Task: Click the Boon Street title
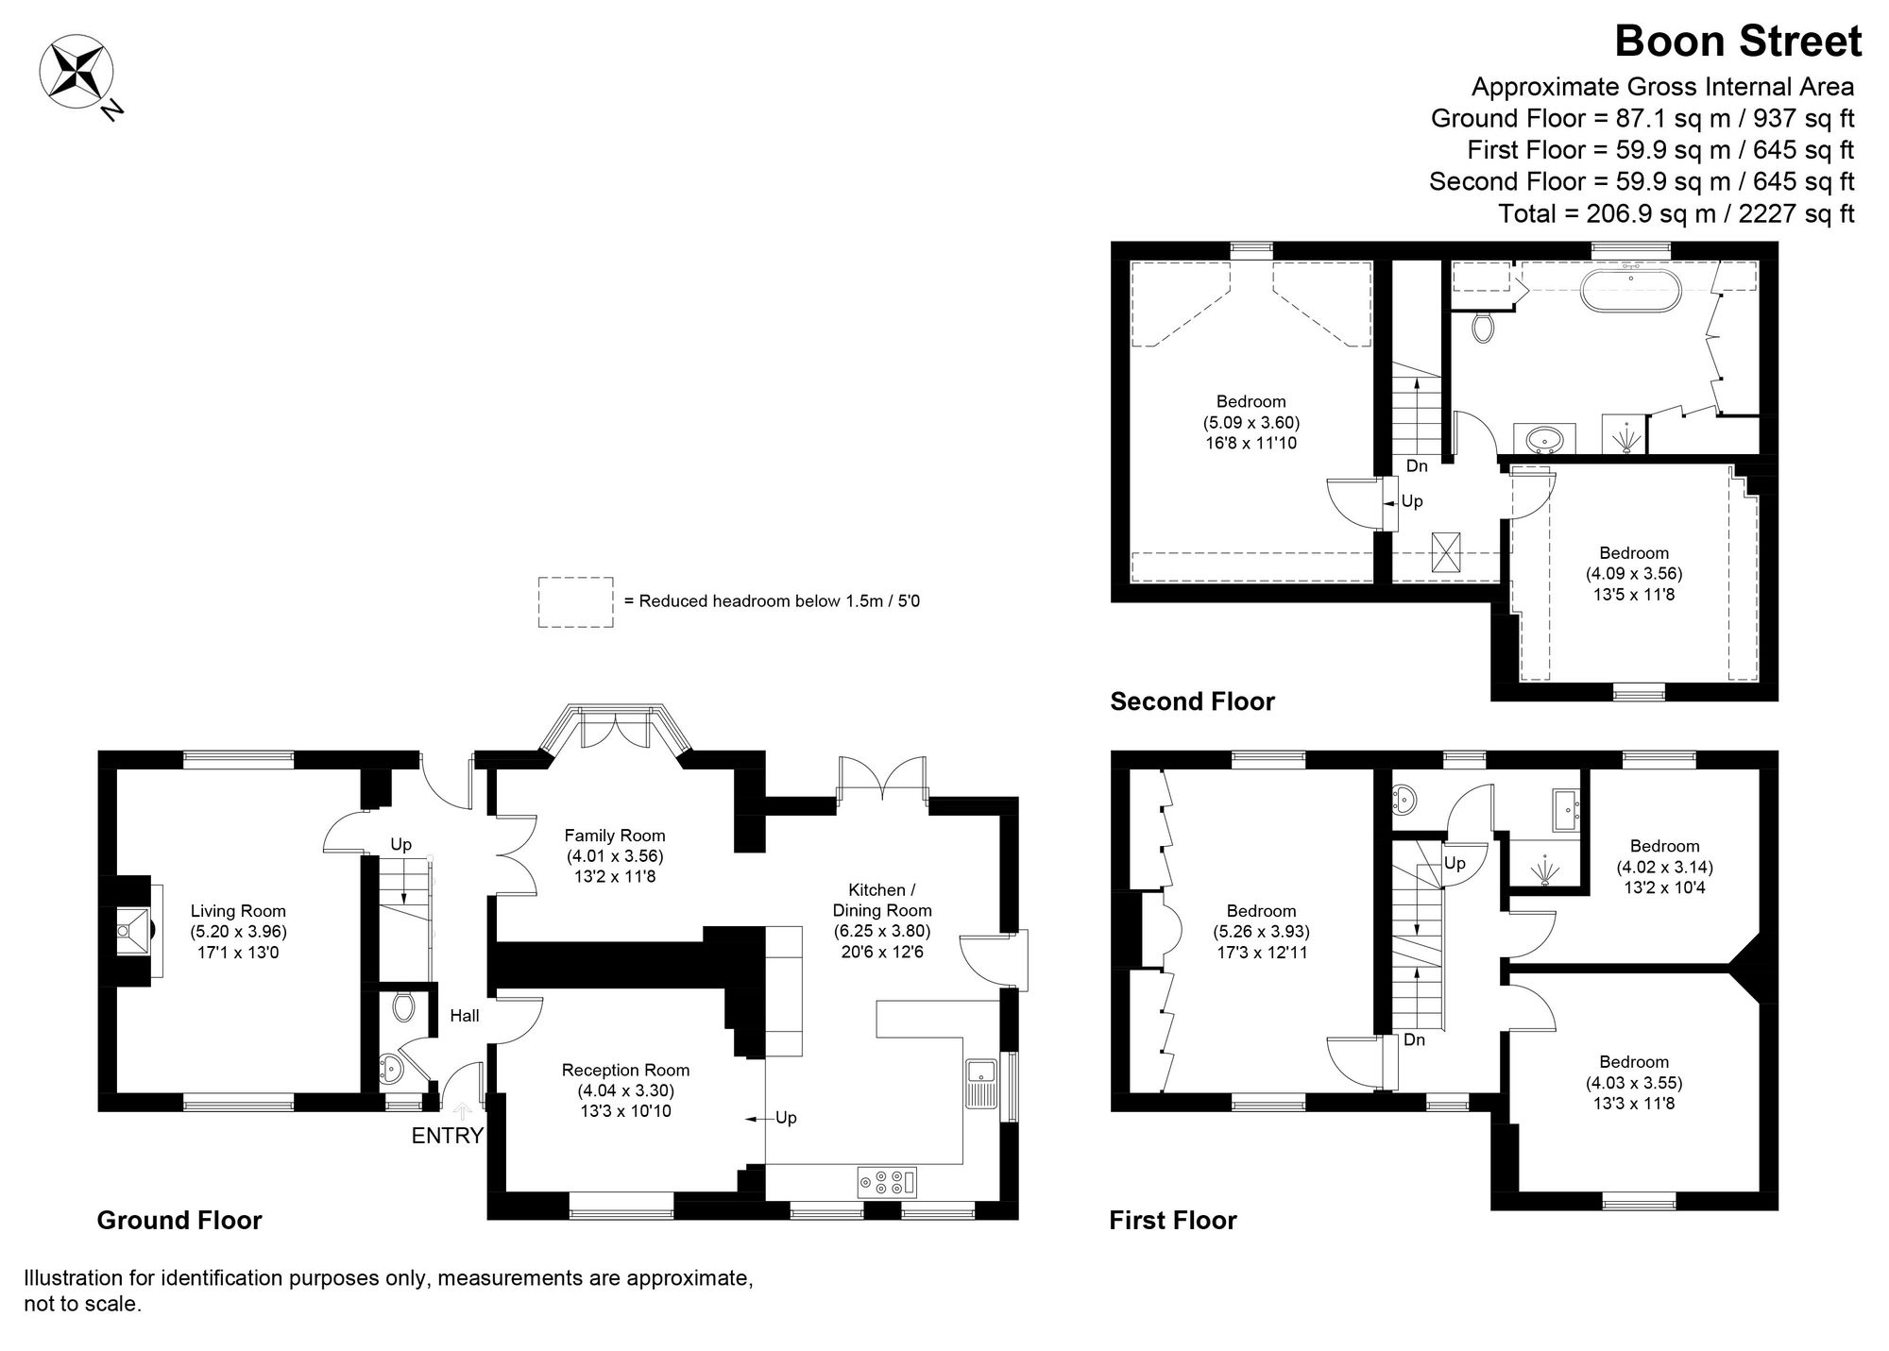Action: pyautogui.click(x=1737, y=42)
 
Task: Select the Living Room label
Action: pyautogui.click(x=238, y=911)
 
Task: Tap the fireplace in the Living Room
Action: pyautogui.click(x=131, y=931)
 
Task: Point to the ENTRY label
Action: pyautogui.click(x=447, y=1136)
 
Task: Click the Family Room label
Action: pyautogui.click(x=615, y=836)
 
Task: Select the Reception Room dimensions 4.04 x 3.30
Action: pyautogui.click(x=625, y=1090)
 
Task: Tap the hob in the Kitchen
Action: pyautogui.click(x=887, y=1182)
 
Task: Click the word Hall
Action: pyautogui.click(x=464, y=1016)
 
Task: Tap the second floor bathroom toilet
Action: pyautogui.click(x=1484, y=327)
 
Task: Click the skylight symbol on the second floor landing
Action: pyautogui.click(x=1445, y=551)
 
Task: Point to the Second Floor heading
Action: pyautogui.click(x=1192, y=701)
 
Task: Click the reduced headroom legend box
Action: pyautogui.click(x=575, y=602)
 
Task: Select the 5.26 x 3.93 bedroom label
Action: pyautogui.click(x=1261, y=931)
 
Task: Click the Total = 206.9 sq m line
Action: pyautogui.click(x=1676, y=213)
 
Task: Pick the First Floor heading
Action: pyautogui.click(x=1172, y=1220)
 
